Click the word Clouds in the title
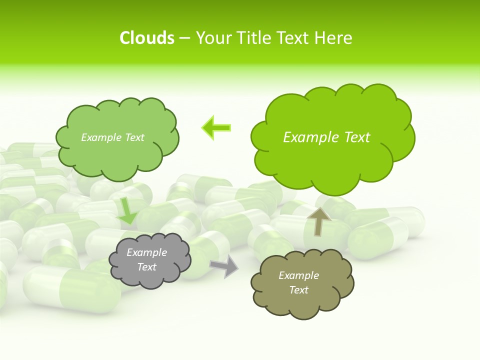pos(147,38)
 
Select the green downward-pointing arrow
pos(127,210)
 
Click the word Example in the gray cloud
pos(146,252)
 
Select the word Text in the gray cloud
pos(146,267)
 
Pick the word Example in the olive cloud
pos(298,275)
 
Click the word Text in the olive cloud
pos(298,290)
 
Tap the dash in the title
pos(184,38)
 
